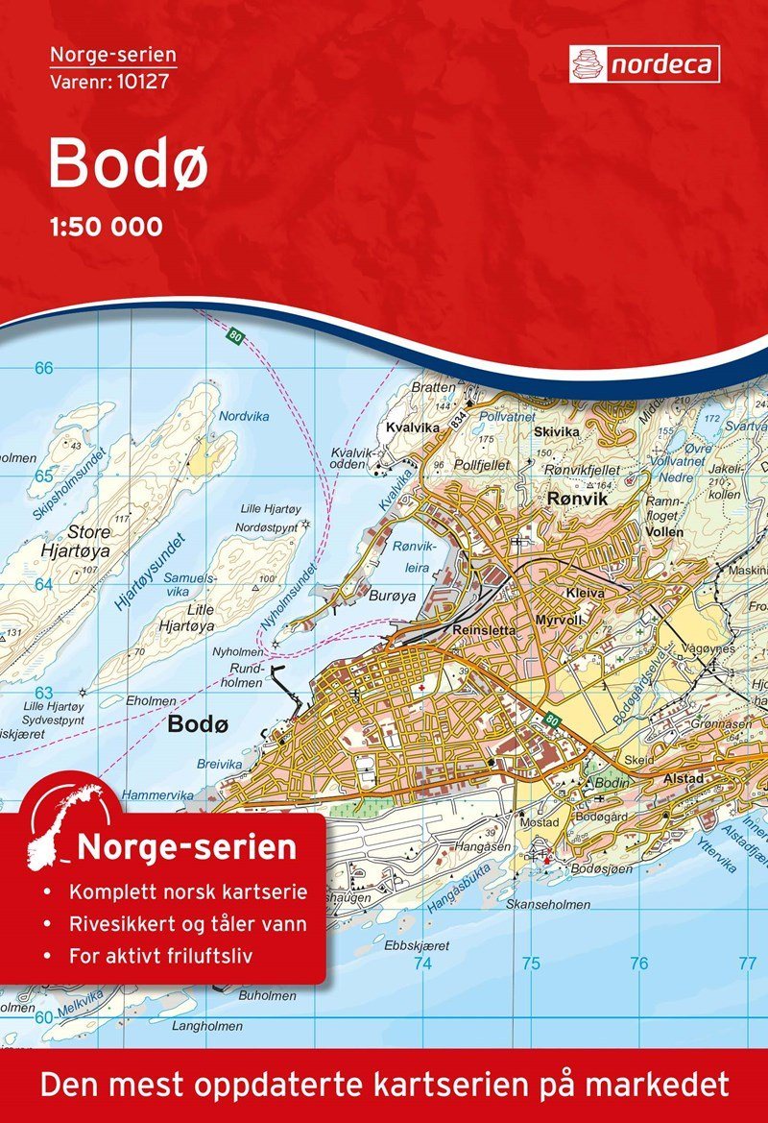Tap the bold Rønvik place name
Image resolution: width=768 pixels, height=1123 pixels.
(x=573, y=499)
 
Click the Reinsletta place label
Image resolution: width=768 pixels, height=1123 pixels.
(x=484, y=629)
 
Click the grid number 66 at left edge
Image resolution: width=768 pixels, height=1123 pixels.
(x=43, y=368)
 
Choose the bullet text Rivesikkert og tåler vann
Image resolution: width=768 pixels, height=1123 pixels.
(x=188, y=925)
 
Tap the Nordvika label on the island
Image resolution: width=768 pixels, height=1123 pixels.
(x=239, y=417)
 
